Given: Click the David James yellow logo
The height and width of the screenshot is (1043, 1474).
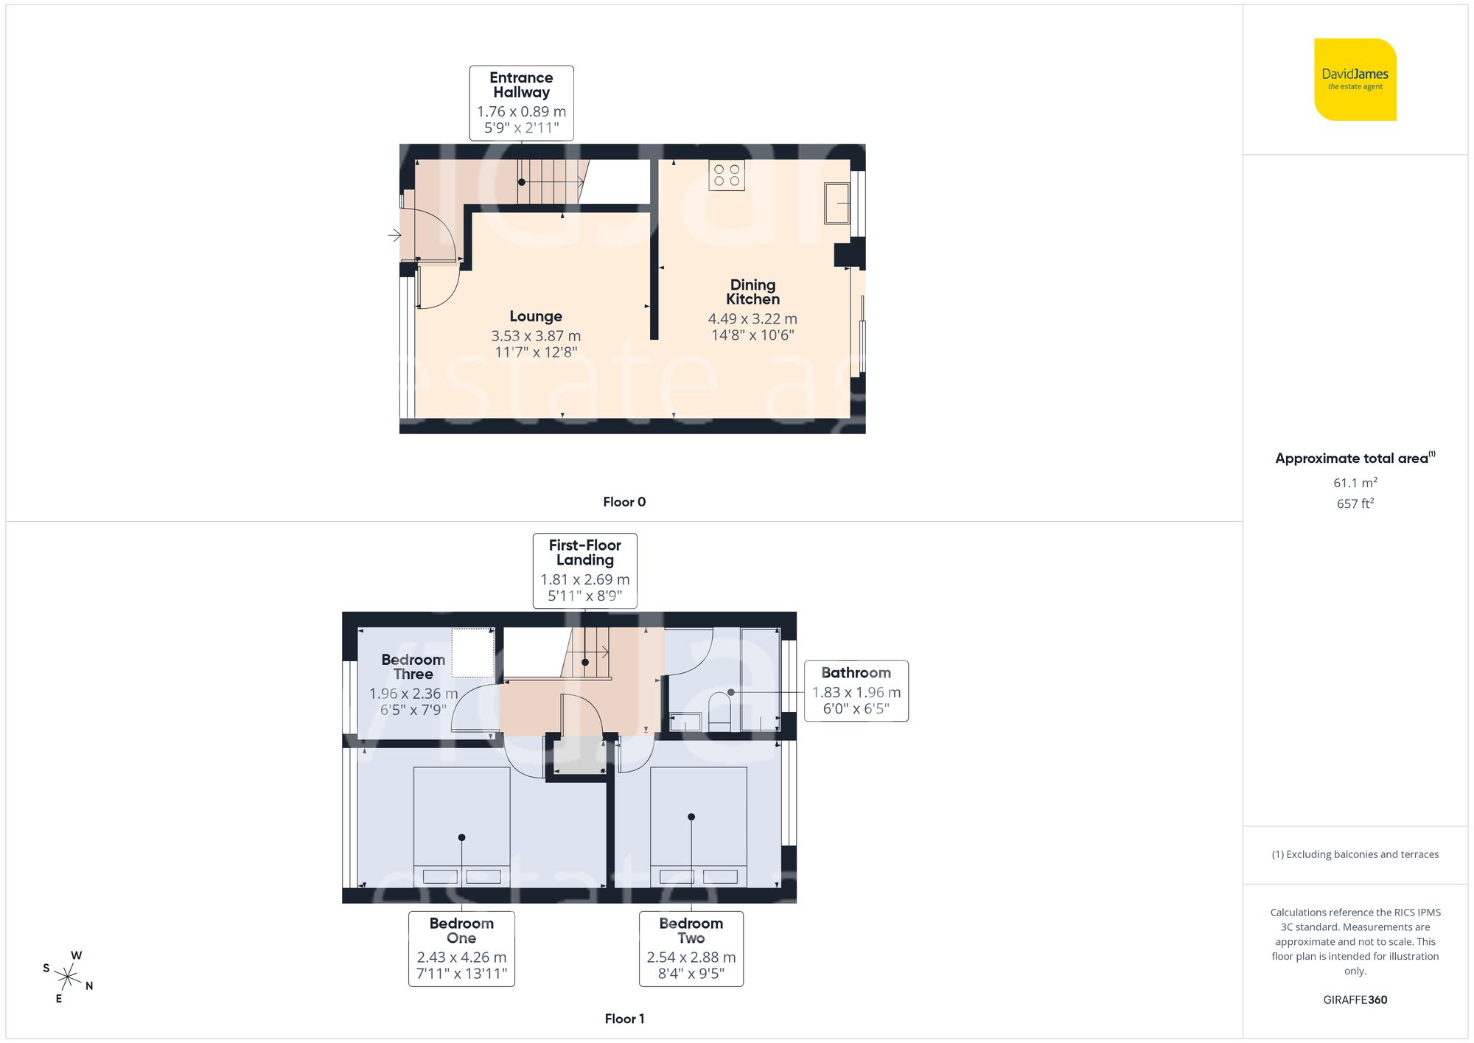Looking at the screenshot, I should [1355, 80].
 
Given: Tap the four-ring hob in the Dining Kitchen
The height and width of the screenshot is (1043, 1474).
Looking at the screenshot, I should [726, 175].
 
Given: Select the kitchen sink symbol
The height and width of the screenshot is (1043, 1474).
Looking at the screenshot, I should [836, 203].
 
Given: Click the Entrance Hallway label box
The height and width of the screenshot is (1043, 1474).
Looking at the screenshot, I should [521, 103].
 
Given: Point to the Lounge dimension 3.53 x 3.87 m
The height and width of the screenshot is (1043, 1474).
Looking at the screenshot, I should [536, 336].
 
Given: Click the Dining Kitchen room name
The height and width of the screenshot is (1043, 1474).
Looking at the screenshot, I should [752, 292].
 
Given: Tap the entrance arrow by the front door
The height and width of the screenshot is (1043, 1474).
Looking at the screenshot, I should [394, 235].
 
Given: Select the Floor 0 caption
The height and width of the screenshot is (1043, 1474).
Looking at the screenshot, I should [624, 502].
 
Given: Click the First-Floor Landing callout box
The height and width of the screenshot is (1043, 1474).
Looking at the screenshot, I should [584, 571].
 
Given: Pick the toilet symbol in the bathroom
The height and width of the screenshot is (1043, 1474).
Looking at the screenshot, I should [719, 711].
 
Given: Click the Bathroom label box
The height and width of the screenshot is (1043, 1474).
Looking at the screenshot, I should [856, 691].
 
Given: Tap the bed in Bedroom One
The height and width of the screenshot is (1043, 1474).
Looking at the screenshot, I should [461, 826].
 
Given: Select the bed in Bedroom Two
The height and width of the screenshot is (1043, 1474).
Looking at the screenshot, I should [698, 826].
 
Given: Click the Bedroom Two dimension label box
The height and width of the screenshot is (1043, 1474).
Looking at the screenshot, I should [691, 949].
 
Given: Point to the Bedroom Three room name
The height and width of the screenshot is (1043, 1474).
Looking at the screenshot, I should [413, 667].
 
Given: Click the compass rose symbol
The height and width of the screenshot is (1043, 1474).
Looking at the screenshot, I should [68, 978].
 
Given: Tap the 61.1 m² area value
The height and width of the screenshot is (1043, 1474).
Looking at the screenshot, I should [1355, 483].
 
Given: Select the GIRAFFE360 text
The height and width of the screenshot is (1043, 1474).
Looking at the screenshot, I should [1355, 1000].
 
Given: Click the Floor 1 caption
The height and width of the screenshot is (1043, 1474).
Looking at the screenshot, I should [624, 1019].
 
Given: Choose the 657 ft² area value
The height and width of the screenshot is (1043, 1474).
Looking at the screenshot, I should [1355, 503].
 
